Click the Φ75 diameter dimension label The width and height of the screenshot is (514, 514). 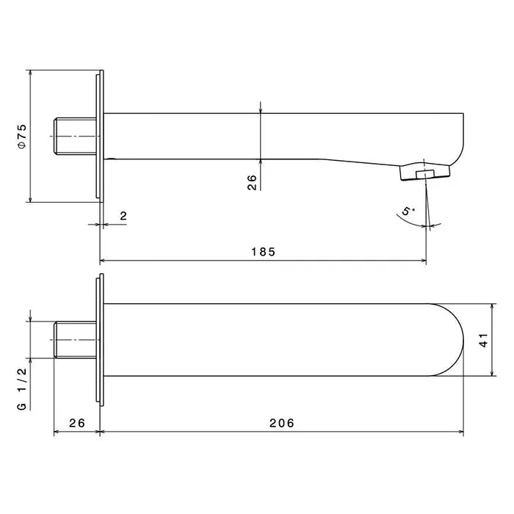pos(22,137)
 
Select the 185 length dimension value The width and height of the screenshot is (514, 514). pos(264,252)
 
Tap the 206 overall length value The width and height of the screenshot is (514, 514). pos(282,423)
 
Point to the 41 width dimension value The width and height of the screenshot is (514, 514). pos(483,340)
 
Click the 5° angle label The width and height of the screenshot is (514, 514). pos(408,211)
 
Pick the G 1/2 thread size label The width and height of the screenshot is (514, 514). pos(22,388)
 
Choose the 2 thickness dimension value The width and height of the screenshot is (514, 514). pos(123,216)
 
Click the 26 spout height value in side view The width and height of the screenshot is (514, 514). pos(252,182)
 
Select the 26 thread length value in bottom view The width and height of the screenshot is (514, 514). pos(77,423)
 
